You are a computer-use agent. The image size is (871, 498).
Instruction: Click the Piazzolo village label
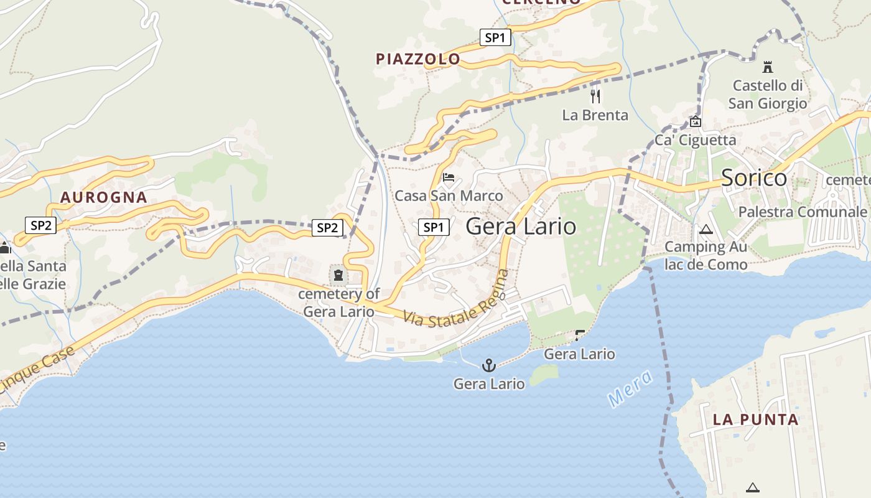coord(418,59)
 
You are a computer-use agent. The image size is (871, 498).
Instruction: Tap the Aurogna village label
coord(104,198)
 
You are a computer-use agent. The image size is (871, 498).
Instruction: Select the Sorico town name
coord(754,178)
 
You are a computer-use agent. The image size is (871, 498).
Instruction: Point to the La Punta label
coord(755,419)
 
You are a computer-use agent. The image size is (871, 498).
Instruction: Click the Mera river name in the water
coord(630,388)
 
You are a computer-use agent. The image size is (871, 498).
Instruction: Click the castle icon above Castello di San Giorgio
coord(767,67)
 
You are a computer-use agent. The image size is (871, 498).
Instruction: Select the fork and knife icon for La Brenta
coord(595,96)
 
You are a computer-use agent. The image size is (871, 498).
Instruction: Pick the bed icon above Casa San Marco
coord(449,177)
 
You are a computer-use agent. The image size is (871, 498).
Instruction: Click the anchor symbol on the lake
coord(488,365)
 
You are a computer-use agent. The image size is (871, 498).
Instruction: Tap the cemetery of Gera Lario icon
coord(338,273)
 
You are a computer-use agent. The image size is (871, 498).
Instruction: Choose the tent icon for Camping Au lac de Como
coord(706,229)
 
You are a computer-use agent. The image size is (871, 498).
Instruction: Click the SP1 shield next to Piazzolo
coord(495,37)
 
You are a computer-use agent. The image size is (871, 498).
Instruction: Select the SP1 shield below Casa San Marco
coord(433,227)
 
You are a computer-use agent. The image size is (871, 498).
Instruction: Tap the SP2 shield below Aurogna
coord(41,225)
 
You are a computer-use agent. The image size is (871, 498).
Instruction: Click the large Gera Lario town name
coord(521,226)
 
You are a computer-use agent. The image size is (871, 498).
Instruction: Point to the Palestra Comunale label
coord(802,212)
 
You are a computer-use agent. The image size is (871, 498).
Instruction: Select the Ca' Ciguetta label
coord(695,139)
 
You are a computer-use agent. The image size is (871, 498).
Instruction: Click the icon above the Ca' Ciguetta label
coord(696,122)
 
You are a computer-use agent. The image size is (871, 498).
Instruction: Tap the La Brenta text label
coord(595,115)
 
